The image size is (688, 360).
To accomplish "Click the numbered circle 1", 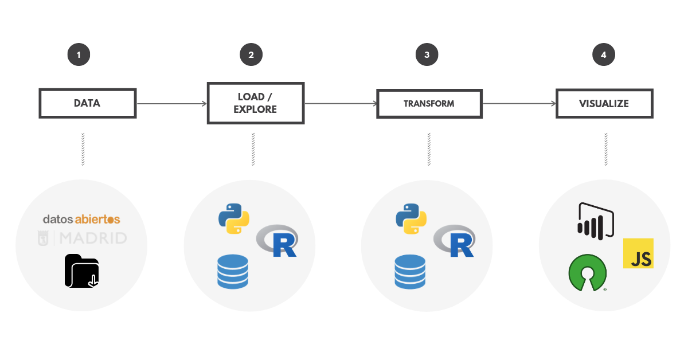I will click(79, 55).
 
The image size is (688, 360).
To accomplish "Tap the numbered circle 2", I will click(251, 55).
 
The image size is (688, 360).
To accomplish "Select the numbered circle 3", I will click(427, 55).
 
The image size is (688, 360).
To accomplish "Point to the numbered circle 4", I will click(604, 55).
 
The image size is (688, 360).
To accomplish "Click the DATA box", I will click(87, 104).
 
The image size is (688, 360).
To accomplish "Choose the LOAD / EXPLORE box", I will click(255, 103).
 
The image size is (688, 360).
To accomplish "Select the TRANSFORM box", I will click(429, 104).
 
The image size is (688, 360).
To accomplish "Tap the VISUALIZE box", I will click(604, 104).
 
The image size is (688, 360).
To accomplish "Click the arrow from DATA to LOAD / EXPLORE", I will click(171, 104).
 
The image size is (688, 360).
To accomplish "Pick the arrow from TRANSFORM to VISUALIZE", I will click(519, 104).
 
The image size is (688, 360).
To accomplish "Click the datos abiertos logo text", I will click(81, 220).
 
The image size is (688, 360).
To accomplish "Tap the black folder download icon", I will click(82, 271).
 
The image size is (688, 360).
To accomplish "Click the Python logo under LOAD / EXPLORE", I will click(234, 218).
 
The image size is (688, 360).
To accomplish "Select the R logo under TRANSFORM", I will click(455, 241).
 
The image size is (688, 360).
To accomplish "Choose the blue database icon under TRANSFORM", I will click(409, 272).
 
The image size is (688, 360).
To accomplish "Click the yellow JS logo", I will click(638, 254).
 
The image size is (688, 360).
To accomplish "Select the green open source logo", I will click(587, 273).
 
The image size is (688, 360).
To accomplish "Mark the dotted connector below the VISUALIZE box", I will click(605, 149).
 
